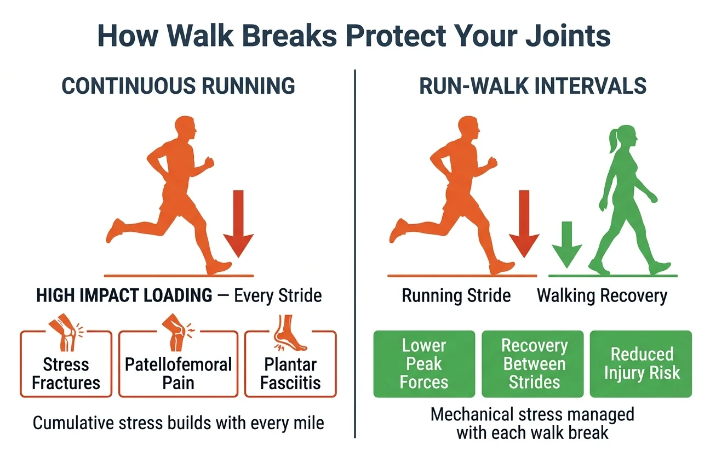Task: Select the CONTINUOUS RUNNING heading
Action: (178, 86)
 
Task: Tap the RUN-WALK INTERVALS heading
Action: (532, 86)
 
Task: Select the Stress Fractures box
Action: (66, 363)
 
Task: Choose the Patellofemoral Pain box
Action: (178, 363)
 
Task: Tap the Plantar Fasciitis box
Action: (290, 363)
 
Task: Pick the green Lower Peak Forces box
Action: (424, 363)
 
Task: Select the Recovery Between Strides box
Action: (532, 363)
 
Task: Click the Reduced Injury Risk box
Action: (641, 363)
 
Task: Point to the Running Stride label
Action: (456, 296)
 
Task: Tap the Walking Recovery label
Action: (602, 296)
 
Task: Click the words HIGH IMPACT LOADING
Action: (124, 296)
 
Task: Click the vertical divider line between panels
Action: (355, 252)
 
